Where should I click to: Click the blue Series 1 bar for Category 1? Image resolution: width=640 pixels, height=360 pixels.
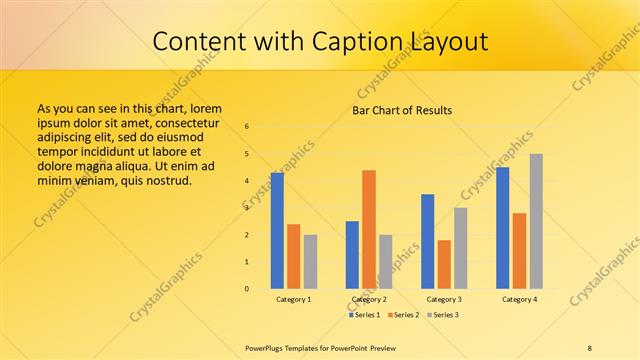277,231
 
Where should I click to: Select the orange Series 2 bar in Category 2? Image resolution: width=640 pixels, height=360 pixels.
369,229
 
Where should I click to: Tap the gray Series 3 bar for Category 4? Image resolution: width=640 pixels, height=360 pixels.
536,221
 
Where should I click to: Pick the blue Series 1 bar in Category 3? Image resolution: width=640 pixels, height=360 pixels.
428,241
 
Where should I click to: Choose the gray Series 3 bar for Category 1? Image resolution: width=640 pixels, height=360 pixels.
310,262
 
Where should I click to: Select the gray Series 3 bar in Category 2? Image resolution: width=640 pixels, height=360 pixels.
386,262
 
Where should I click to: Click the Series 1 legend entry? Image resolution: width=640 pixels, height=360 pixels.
364,315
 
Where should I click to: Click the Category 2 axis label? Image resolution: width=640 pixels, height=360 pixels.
369,299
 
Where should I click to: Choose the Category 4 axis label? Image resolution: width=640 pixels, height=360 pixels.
519,299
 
